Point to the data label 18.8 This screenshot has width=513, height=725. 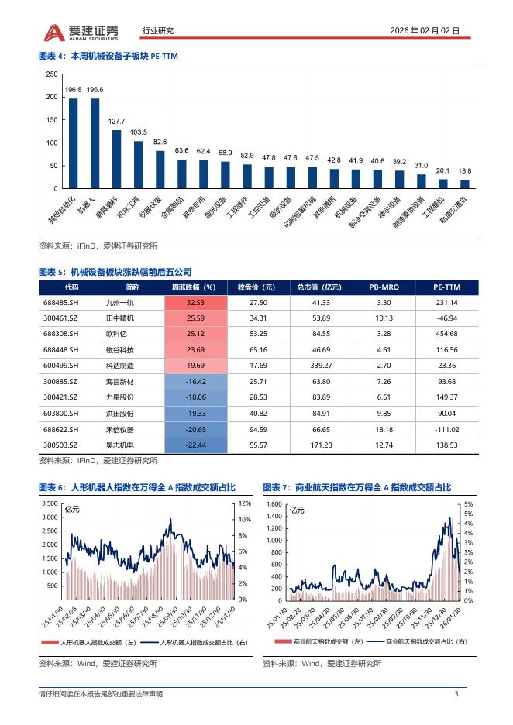[x=464, y=170]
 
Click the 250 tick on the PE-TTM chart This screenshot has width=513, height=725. [x=52, y=74]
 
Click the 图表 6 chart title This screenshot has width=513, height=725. [x=136, y=486]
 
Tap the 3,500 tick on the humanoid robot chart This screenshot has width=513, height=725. [x=48, y=503]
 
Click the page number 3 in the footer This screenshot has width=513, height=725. [x=456, y=693]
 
